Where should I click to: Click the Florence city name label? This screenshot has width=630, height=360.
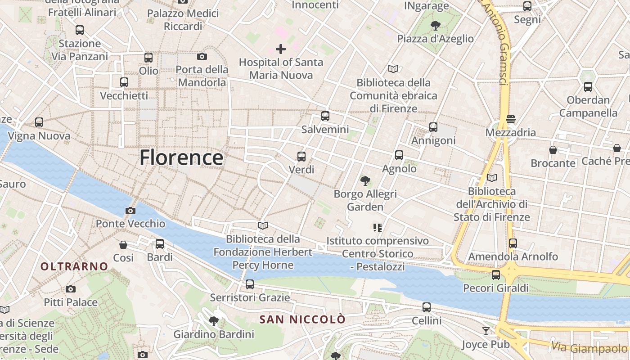pos(181,158)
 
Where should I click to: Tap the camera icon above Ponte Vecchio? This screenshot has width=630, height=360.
pos(130,211)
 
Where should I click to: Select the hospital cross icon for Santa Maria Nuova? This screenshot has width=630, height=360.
pos(281,49)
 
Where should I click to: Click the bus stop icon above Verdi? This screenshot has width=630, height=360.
pos(301,157)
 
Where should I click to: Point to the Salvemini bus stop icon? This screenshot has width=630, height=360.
pos(325,116)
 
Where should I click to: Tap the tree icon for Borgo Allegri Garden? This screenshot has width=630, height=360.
pos(365,181)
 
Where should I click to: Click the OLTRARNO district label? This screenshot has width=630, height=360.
pos(74,266)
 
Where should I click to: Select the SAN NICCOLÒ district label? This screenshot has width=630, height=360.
pos(303,319)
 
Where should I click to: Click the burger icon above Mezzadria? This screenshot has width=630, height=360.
pos(510,119)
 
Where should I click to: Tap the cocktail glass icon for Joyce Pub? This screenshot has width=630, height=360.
pos(486,331)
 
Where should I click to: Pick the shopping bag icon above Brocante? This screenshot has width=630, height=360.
pos(553,150)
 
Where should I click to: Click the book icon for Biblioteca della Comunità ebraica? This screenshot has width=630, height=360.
pos(393,69)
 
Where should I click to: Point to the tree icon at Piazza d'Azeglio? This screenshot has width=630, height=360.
pos(435,26)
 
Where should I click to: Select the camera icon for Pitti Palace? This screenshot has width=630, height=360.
pos(71,289)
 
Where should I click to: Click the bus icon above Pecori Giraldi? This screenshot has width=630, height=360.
pos(496,274)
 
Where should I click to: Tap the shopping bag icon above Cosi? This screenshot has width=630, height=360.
pos(123,245)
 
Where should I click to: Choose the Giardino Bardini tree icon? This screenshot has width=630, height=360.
pos(214,321)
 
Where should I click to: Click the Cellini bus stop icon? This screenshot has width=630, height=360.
pos(427,308)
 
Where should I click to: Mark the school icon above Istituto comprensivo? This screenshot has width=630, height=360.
pos(377,228)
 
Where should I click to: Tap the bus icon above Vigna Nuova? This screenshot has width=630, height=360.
pos(39,122)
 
